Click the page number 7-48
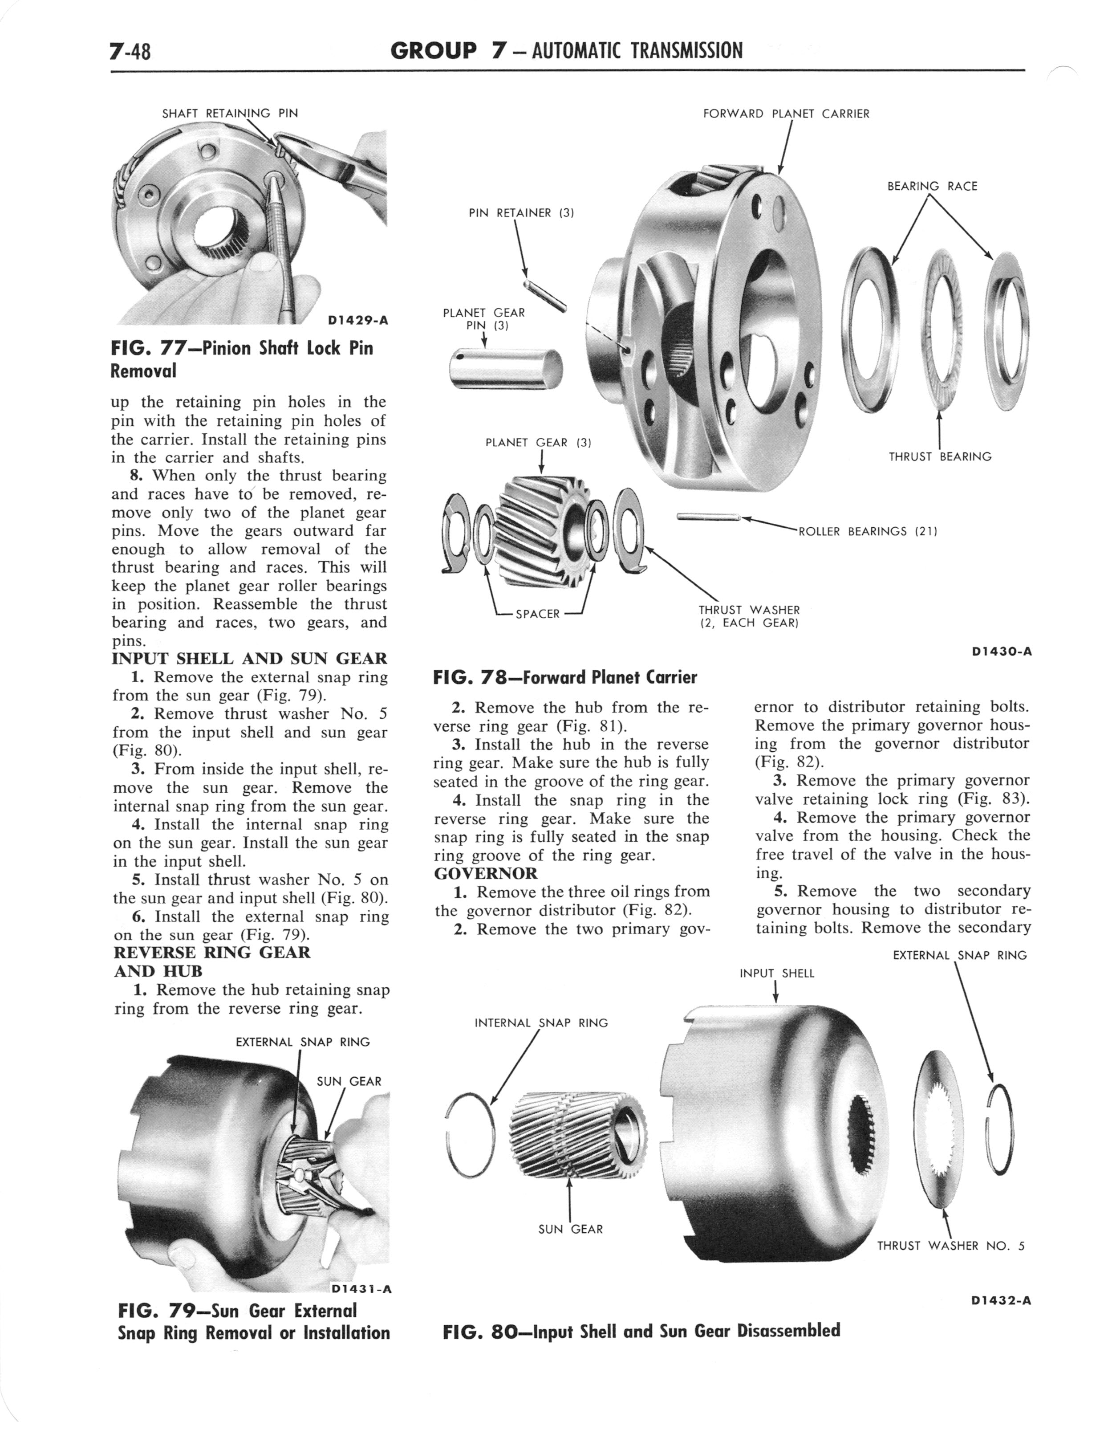tap(131, 51)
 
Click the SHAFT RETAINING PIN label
tap(230, 113)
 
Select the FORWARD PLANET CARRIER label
tap(786, 114)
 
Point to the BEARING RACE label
tap(932, 187)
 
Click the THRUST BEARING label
tap(940, 456)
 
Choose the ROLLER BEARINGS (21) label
tap(867, 531)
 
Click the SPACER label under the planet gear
tap(538, 614)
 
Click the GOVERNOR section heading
tap(486, 873)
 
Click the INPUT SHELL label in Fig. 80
tap(777, 974)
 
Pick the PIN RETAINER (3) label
tap(522, 213)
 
